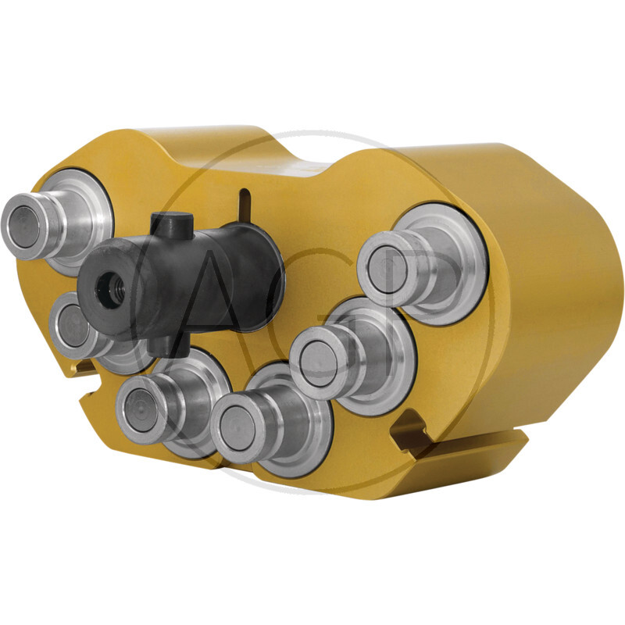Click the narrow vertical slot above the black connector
[x=245, y=206]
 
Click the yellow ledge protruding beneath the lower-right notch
[x=469, y=453]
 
